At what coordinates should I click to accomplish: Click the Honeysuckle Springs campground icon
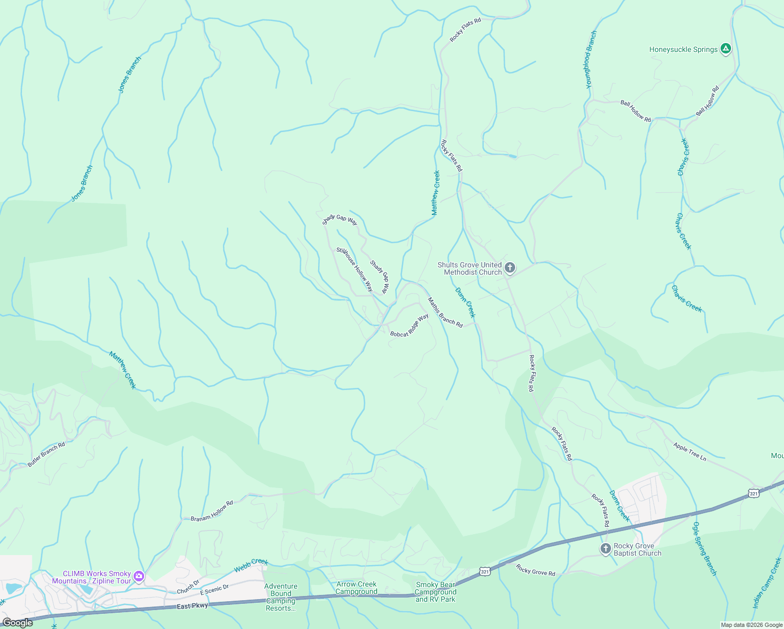725,49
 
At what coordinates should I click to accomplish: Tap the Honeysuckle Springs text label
683,49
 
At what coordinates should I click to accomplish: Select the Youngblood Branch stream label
591,59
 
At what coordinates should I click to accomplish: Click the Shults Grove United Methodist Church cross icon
509,268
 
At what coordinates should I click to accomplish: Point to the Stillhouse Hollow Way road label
355,269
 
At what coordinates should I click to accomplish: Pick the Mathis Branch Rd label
445,313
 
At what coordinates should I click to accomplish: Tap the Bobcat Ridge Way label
409,326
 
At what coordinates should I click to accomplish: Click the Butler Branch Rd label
46,454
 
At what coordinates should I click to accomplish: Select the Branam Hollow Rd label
212,511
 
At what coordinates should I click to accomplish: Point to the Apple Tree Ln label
690,451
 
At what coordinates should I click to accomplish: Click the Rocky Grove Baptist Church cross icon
605,549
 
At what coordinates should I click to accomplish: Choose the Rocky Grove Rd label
535,570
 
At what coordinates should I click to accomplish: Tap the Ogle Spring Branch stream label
704,549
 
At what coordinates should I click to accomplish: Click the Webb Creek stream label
251,565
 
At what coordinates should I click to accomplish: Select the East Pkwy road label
192,605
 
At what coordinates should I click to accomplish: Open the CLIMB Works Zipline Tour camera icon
139,577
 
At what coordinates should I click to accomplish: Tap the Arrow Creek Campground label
356,588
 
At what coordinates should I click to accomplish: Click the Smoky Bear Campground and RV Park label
435,592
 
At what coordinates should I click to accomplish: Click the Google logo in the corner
17,622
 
